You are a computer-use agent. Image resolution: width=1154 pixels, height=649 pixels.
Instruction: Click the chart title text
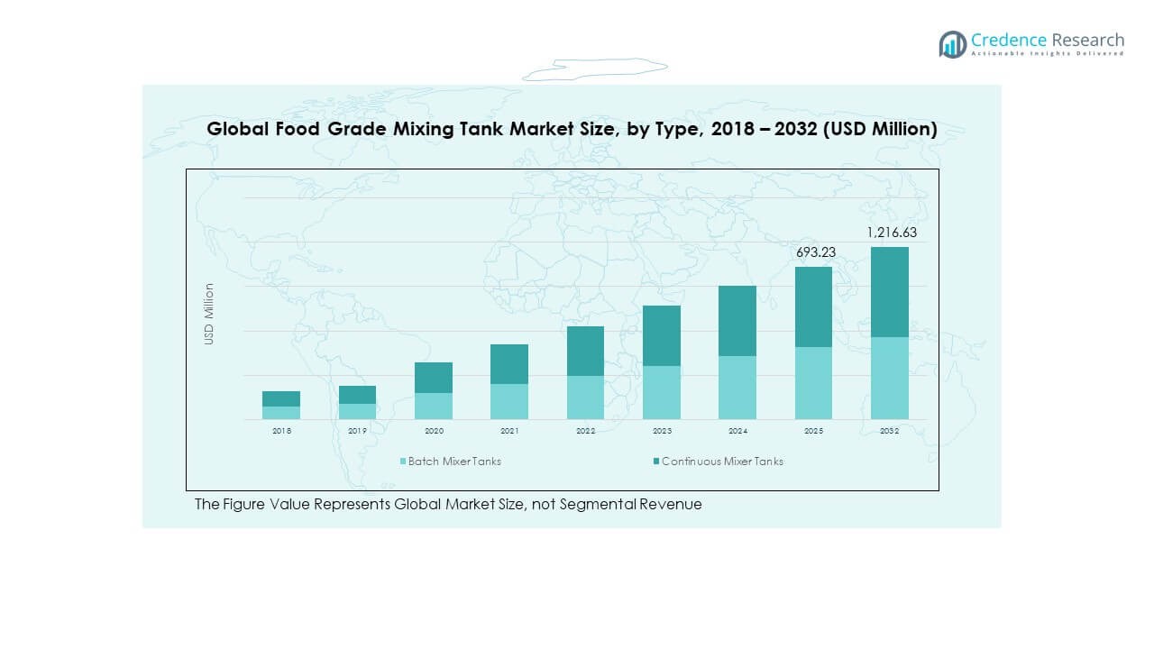click(x=572, y=129)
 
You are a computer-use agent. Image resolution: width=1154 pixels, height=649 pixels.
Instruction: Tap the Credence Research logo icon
click(x=952, y=44)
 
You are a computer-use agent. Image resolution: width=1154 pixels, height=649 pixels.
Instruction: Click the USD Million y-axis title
click(x=209, y=314)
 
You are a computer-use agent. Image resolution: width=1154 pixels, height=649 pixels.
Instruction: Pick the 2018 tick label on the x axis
click(x=281, y=431)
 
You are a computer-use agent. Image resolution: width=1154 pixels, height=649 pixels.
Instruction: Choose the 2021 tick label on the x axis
click(x=509, y=431)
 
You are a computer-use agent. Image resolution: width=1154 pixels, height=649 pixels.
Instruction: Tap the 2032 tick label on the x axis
click(x=889, y=431)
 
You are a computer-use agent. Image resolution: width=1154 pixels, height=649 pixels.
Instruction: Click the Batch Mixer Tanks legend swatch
click(x=403, y=462)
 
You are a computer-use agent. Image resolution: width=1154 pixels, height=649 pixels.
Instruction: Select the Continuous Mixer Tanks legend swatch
click(x=656, y=462)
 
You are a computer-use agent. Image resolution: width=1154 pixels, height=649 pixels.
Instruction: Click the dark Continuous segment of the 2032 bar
click(x=889, y=292)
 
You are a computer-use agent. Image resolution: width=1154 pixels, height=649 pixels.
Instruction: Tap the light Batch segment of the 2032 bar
click(x=889, y=378)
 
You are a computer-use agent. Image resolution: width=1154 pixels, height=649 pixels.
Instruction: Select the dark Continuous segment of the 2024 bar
click(x=737, y=321)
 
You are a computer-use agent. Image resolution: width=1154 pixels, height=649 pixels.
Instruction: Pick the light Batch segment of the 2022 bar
click(x=585, y=398)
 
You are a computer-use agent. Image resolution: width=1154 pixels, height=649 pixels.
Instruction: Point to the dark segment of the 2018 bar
click(x=281, y=398)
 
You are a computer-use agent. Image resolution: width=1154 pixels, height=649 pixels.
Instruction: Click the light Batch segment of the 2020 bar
click(x=434, y=406)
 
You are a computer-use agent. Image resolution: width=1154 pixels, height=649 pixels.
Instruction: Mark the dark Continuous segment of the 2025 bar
click(x=813, y=306)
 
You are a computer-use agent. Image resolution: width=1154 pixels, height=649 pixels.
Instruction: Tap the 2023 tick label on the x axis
click(x=661, y=431)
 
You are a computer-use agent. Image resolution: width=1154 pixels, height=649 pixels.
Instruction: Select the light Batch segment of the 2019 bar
click(x=357, y=411)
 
